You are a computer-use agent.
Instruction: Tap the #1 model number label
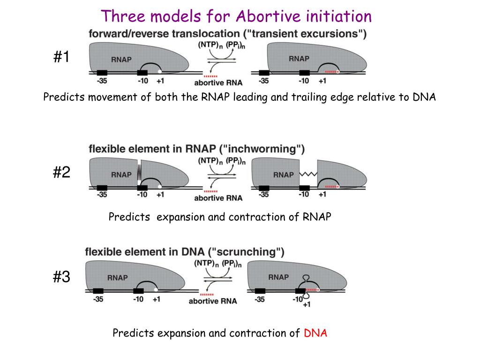(x=61, y=58)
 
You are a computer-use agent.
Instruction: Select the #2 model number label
(x=61, y=173)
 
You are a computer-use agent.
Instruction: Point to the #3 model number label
(x=61, y=277)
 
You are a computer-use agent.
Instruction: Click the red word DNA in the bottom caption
(x=315, y=333)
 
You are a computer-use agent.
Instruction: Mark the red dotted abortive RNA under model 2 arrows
(x=211, y=191)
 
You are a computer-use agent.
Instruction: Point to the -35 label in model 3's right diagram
(x=259, y=300)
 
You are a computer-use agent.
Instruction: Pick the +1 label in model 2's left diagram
(x=160, y=195)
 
